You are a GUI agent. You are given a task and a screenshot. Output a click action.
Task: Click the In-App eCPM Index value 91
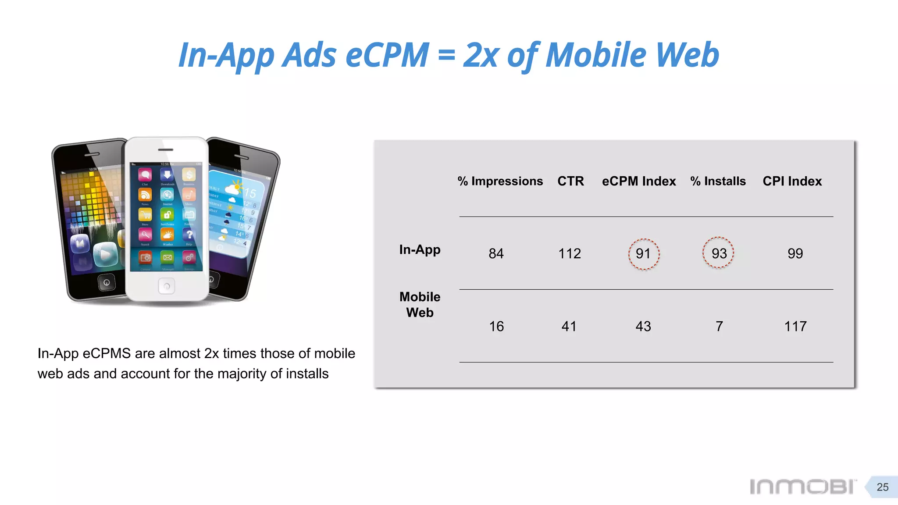click(x=643, y=254)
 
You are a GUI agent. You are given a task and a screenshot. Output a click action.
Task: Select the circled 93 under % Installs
click(x=719, y=253)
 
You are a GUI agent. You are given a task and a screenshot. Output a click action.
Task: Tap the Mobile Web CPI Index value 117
click(x=795, y=327)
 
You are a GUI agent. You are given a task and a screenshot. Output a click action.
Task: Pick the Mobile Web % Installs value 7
click(x=719, y=327)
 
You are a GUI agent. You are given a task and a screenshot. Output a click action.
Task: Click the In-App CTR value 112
click(x=570, y=254)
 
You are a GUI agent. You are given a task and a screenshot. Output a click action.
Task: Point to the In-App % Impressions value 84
click(x=496, y=254)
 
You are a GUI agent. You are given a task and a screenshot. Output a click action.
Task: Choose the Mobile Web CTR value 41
click(x=569, y=327)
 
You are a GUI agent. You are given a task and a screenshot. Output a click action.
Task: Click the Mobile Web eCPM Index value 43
click(x=643, y=327)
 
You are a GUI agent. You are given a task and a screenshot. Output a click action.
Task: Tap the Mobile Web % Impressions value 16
click(x=496, y=327)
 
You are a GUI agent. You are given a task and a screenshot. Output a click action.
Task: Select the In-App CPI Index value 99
click(x=795, y=254)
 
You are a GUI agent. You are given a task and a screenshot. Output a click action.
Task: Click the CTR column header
click(x=570, y=181)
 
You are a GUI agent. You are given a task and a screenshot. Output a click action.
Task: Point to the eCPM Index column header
click(x=638, y=181)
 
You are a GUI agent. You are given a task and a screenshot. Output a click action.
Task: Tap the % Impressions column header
click(x=500, y=181)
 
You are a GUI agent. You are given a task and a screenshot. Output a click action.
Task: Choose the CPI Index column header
click(x=792, y=181)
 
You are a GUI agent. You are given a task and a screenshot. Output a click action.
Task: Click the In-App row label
click(x=420, y=250)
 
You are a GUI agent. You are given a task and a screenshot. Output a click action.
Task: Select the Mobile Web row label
click(x=420, y=305)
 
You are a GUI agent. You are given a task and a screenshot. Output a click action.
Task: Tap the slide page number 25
click(x=882, y=487)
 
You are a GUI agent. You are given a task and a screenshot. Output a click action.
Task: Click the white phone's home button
click(x=167, y=286)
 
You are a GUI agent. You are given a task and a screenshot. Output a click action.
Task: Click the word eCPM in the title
click(x=387, y=55)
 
